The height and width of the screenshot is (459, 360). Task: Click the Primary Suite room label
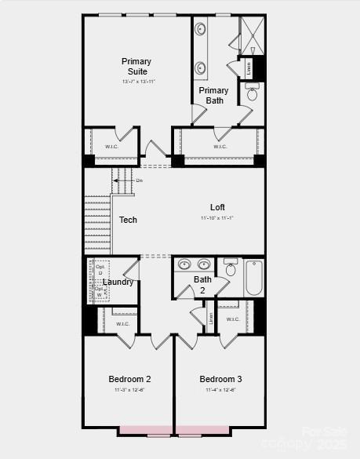(x=136, y=67)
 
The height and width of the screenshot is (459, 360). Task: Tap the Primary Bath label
(x=214, y=96)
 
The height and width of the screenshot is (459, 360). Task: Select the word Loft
(x=217, y=207)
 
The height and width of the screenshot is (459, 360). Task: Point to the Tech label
(x=128, y=220)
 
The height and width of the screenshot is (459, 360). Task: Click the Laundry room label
(x=118, y=282)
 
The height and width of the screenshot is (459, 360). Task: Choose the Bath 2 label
(x=202, y=284)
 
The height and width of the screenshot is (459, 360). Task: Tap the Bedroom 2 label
(x=129, y=379)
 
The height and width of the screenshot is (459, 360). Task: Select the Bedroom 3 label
(x=220, y=379)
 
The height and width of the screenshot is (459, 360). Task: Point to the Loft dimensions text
(x=217, y=217)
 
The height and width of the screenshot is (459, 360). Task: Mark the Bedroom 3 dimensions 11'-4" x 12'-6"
(x=220, y=390)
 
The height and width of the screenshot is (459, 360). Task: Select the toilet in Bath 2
(x=231, y=268)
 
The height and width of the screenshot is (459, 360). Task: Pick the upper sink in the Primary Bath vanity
(x=201, y=30)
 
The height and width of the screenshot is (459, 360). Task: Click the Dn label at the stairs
(x=139, y=181)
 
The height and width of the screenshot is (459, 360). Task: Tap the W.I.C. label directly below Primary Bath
(x=220, y=147)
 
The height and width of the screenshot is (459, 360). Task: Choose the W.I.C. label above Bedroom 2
(x=123, y=323)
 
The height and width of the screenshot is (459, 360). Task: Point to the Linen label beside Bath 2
(x=211, y=318)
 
